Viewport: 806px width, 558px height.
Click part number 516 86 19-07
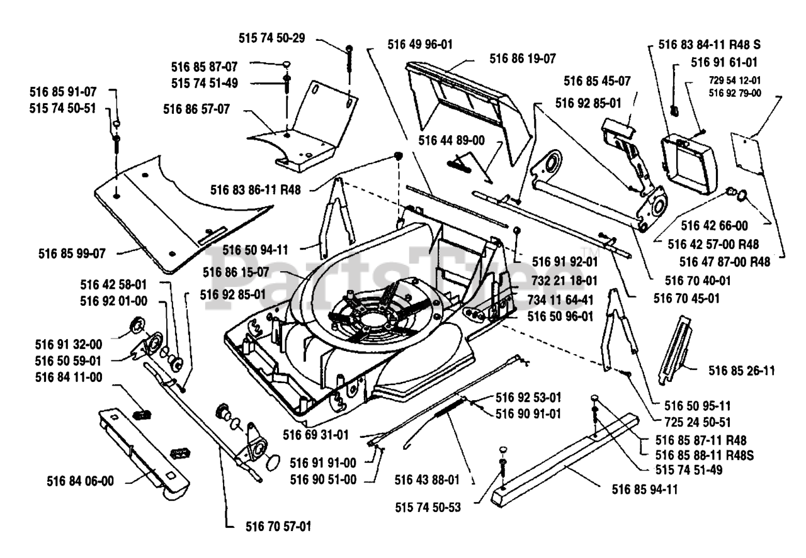click(523, 59)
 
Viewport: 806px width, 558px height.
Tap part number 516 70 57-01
click(278, 526)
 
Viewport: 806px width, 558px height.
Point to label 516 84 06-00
click(80, 481)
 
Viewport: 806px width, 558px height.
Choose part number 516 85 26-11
click(741, 371)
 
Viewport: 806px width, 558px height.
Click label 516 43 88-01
click(428, 480)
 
